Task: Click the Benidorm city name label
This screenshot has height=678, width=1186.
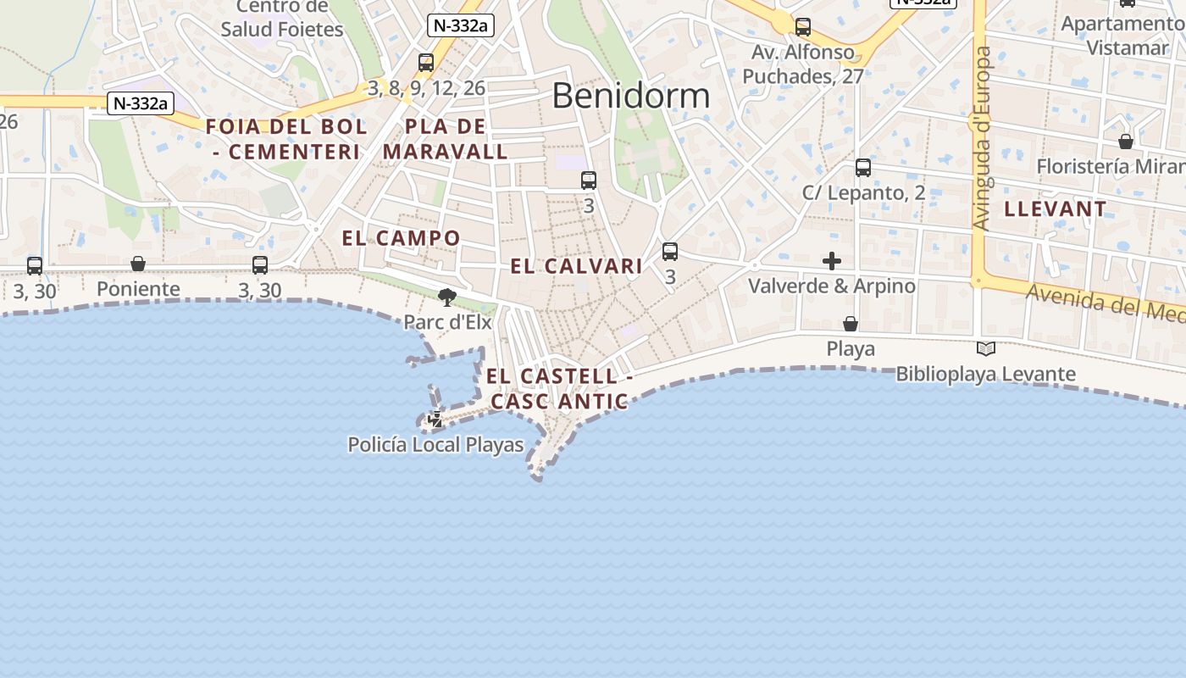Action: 630,96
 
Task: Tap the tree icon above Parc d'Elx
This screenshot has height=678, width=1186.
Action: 446,297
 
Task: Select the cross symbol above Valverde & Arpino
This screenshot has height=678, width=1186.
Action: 832,261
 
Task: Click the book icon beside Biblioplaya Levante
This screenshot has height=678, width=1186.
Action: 985,348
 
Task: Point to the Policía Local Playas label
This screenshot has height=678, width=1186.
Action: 435,444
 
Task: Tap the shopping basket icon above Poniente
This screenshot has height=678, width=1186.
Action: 138,264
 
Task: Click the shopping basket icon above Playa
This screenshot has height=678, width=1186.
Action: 851,324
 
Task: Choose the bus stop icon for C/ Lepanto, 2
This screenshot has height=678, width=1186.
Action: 862,168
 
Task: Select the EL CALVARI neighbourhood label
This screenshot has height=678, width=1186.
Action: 576,266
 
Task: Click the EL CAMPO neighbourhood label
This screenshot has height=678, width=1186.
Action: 401,238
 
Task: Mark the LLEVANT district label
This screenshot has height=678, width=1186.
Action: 1055,208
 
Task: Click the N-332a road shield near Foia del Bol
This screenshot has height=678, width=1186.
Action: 141,103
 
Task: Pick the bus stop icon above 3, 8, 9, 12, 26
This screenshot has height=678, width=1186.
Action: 426,63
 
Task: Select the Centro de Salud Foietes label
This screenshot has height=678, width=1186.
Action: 282,19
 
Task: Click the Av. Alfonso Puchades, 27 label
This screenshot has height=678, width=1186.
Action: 803,64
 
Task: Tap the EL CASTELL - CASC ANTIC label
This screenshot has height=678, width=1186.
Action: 560,388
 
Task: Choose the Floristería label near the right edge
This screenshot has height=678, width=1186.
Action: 1110,166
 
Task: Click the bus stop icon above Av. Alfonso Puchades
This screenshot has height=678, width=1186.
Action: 803,27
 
